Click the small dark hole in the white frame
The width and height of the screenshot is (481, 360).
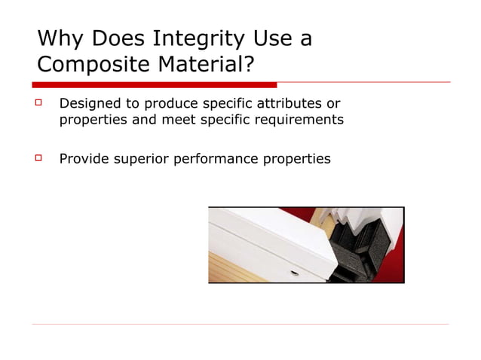pos(294,273)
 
